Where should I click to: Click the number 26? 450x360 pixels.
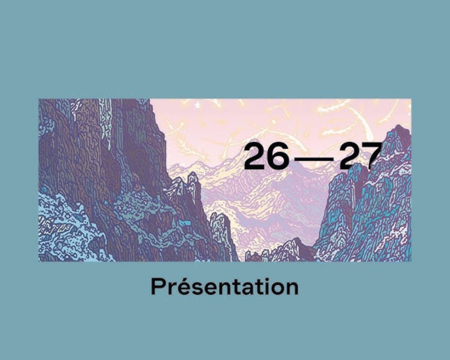pos(266,156)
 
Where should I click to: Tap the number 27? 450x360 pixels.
pos(361,156)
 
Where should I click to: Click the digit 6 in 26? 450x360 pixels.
pos(278,156)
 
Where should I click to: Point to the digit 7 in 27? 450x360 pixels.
pos(372,156)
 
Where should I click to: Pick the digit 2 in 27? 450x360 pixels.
pos(350,156)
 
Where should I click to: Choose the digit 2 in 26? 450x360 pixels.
pos(254,156)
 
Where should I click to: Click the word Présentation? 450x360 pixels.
pos(225,286)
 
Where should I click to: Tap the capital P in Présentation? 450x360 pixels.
pos(158,287)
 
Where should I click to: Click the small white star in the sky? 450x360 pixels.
pos(197,106)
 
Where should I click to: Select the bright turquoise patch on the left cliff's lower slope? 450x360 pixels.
pos(185,223)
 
